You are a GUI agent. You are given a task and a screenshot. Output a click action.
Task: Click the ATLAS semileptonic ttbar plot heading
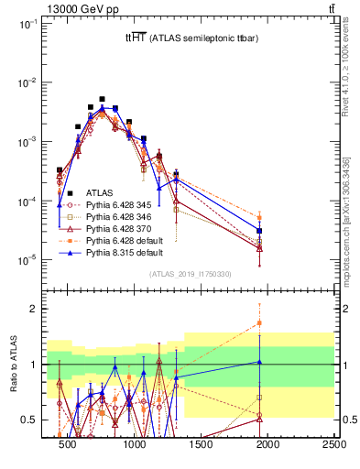[184, 38]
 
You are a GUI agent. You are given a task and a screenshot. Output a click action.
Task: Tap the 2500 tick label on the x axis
[333, 445]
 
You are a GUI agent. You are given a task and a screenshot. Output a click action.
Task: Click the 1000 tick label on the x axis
[135, 445]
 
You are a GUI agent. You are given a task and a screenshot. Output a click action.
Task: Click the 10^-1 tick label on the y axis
[27, 25]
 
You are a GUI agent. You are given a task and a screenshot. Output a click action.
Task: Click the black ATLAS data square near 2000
[259, 231]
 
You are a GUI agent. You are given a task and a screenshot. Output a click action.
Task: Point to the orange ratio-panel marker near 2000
[259, 322]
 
